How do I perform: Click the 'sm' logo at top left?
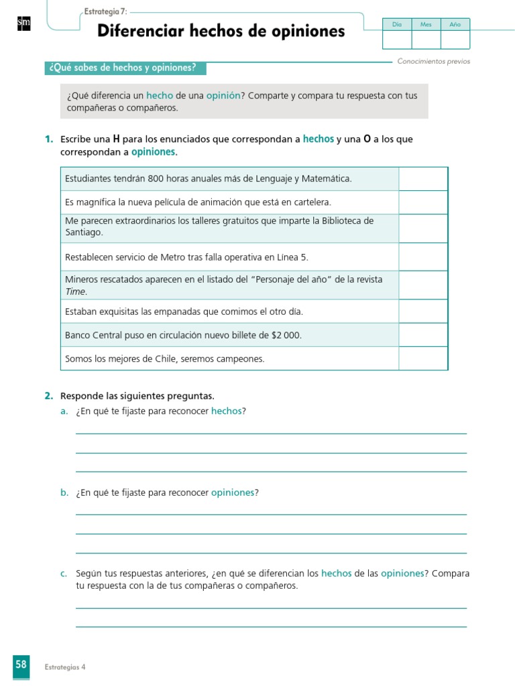23,24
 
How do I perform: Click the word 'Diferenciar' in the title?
139,31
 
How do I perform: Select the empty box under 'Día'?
396,40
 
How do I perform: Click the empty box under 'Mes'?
426,40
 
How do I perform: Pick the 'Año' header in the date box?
455,24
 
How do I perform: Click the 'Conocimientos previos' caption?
433,61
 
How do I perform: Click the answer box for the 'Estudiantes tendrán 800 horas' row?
423,179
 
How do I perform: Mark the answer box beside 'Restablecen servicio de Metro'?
423,257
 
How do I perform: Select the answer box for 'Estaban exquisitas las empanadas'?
423,312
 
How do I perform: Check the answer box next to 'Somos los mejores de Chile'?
423,358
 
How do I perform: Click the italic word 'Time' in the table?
76,291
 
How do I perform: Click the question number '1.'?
49,139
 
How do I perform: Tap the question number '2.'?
49,396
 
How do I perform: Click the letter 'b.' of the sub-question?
64,492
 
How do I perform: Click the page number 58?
21,665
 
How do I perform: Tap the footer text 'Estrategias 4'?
65,667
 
